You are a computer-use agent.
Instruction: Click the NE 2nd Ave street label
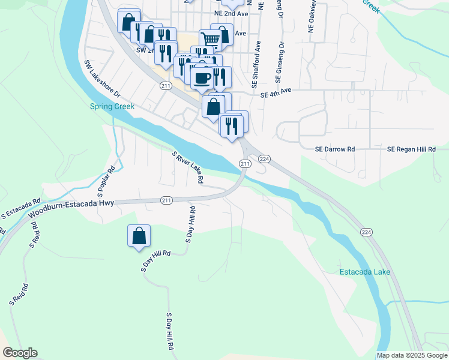click(231, 13)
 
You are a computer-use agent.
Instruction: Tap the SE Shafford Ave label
click(258, 61)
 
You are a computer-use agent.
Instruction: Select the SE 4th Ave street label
click(276, 91)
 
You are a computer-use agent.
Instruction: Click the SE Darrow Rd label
click(335, 149)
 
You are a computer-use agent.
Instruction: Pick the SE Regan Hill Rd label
click(411, 149)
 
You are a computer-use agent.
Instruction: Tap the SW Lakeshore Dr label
click(102, 79)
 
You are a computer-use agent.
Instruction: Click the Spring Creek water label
click(112, 107)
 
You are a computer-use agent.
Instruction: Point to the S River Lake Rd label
click(188, 167)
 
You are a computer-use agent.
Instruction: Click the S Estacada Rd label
click(20, 208)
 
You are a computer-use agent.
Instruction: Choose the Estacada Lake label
click(365, 272)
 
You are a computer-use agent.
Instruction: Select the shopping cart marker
click(210, 40)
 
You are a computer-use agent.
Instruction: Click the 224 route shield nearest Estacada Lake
click(366, 232)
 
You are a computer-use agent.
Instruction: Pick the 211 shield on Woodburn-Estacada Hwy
click(166, 200)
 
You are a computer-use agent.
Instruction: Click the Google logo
click(20, 353)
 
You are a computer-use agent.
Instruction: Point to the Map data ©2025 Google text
click(411, 355)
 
